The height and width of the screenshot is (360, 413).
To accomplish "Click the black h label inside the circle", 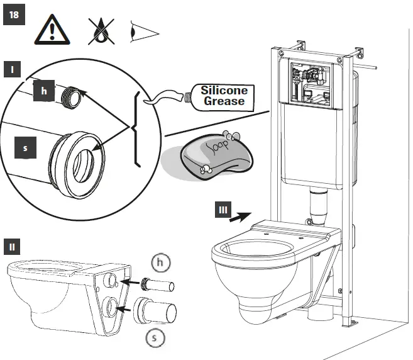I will pos(43,91).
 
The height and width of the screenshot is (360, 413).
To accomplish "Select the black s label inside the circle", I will pos(25,149).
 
